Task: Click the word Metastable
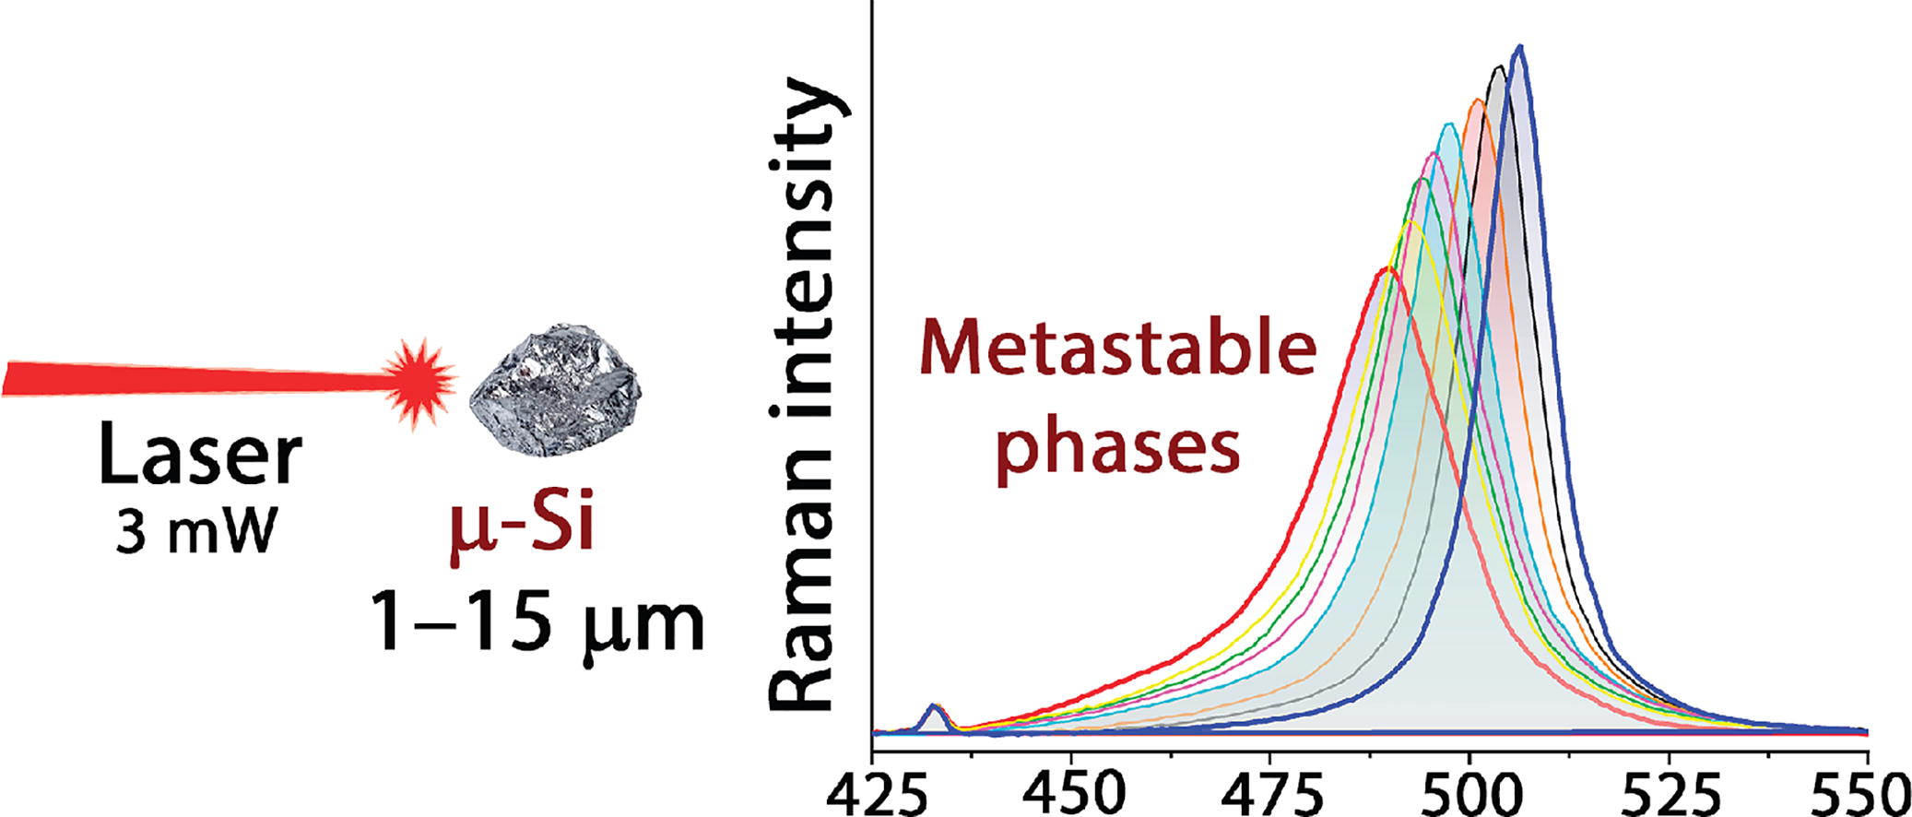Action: (x=1118, y=352)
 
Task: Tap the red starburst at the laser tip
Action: (x=420, y=376)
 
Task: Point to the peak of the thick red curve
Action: (x=1386, y=268)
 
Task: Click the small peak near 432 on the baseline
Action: (x=934, y=707)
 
